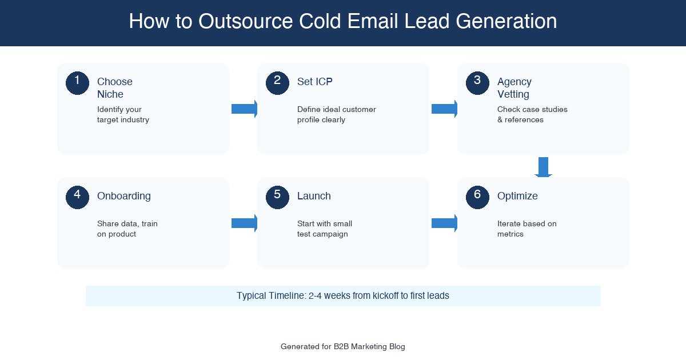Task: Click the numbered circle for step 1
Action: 77,83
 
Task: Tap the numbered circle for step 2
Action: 277,83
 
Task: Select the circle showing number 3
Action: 477,83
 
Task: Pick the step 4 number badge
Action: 77,197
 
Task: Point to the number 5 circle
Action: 277,197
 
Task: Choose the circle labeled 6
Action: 477,197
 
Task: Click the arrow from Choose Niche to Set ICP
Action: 244,109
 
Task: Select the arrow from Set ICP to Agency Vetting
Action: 444,109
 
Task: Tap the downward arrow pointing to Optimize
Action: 543,167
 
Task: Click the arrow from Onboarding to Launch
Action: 244,223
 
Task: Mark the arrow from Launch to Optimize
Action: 444,223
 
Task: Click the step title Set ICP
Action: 314,82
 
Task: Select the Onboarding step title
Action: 123,196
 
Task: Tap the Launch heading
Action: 314,196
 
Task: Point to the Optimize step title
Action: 517,196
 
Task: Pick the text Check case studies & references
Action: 532,114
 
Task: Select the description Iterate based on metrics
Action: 527,229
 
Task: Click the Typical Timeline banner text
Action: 343,296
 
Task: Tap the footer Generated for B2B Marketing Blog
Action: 343,346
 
